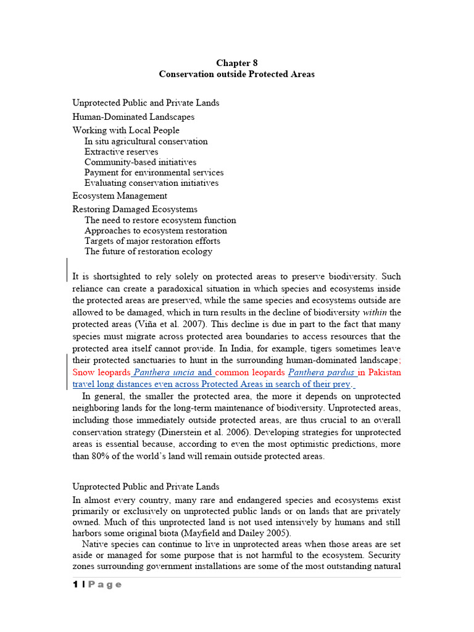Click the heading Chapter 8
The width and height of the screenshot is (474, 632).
(x=236, y=63)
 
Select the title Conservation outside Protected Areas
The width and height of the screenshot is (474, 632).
(x=236, y=74)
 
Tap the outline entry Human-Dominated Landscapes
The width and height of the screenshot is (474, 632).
(x=133, y=117)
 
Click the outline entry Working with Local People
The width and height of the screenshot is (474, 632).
(x=126, y=130)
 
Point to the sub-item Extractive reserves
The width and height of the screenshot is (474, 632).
(x=121, y=152)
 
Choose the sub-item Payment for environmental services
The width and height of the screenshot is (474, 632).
(x=154, y=173)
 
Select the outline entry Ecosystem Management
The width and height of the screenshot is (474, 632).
(x=120, y=196)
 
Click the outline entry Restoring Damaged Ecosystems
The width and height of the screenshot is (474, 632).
(x=135, y=209)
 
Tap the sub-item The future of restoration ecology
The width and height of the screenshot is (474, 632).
(x=148, y=252)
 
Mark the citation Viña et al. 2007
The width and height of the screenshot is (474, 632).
(x=151, y=325)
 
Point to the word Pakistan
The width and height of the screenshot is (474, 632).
(x=384, y=373)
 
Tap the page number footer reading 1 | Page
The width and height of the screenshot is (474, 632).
(x=97, y=585)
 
